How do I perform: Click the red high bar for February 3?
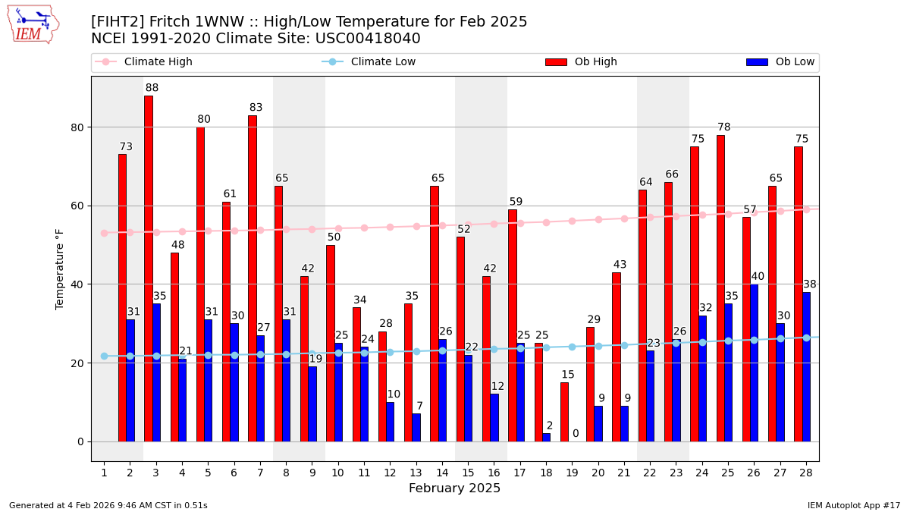148,269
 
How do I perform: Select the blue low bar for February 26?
754,363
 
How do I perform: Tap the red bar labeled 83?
252,278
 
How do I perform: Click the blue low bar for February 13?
416,428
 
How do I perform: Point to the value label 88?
152,88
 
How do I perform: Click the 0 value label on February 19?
576,434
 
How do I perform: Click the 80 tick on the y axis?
76,127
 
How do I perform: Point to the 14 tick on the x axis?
442,473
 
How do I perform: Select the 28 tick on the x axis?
806,473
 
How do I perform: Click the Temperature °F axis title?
60,269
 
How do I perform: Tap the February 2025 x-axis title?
454,488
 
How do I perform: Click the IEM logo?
33,24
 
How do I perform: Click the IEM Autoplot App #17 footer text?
854,505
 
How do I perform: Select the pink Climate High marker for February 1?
104,233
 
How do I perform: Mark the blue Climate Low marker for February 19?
572,347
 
